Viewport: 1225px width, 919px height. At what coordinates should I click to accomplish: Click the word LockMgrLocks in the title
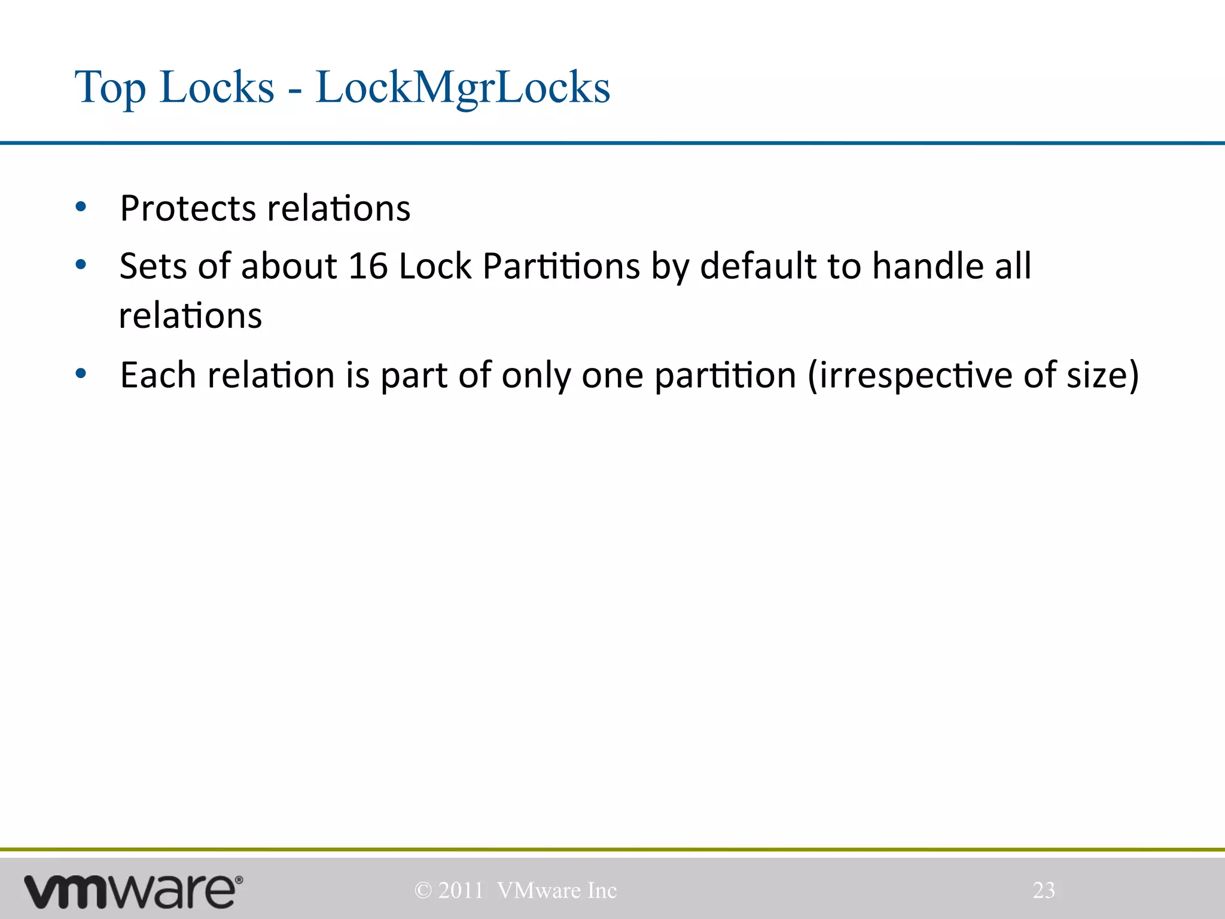[462, 88]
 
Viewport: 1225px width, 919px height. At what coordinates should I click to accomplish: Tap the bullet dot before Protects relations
[81, 208]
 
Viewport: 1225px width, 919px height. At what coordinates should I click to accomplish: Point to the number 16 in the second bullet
[367, 266]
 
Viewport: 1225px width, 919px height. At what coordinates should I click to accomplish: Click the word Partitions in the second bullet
[561, 266]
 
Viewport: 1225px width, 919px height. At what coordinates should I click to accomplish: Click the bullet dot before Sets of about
[81, 264]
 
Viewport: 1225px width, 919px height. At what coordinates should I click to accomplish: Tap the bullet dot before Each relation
[81, 374]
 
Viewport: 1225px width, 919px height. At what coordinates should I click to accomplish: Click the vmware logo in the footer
[133, 891]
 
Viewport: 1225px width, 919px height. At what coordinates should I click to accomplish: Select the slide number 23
[1044, 890]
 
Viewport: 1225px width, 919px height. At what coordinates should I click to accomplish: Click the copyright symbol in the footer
[423, 891]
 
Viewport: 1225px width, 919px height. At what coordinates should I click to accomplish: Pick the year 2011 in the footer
[461, 891]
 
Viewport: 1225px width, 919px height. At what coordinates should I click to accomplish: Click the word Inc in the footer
[602, 891]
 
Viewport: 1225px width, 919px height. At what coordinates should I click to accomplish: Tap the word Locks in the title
[217, 88]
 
